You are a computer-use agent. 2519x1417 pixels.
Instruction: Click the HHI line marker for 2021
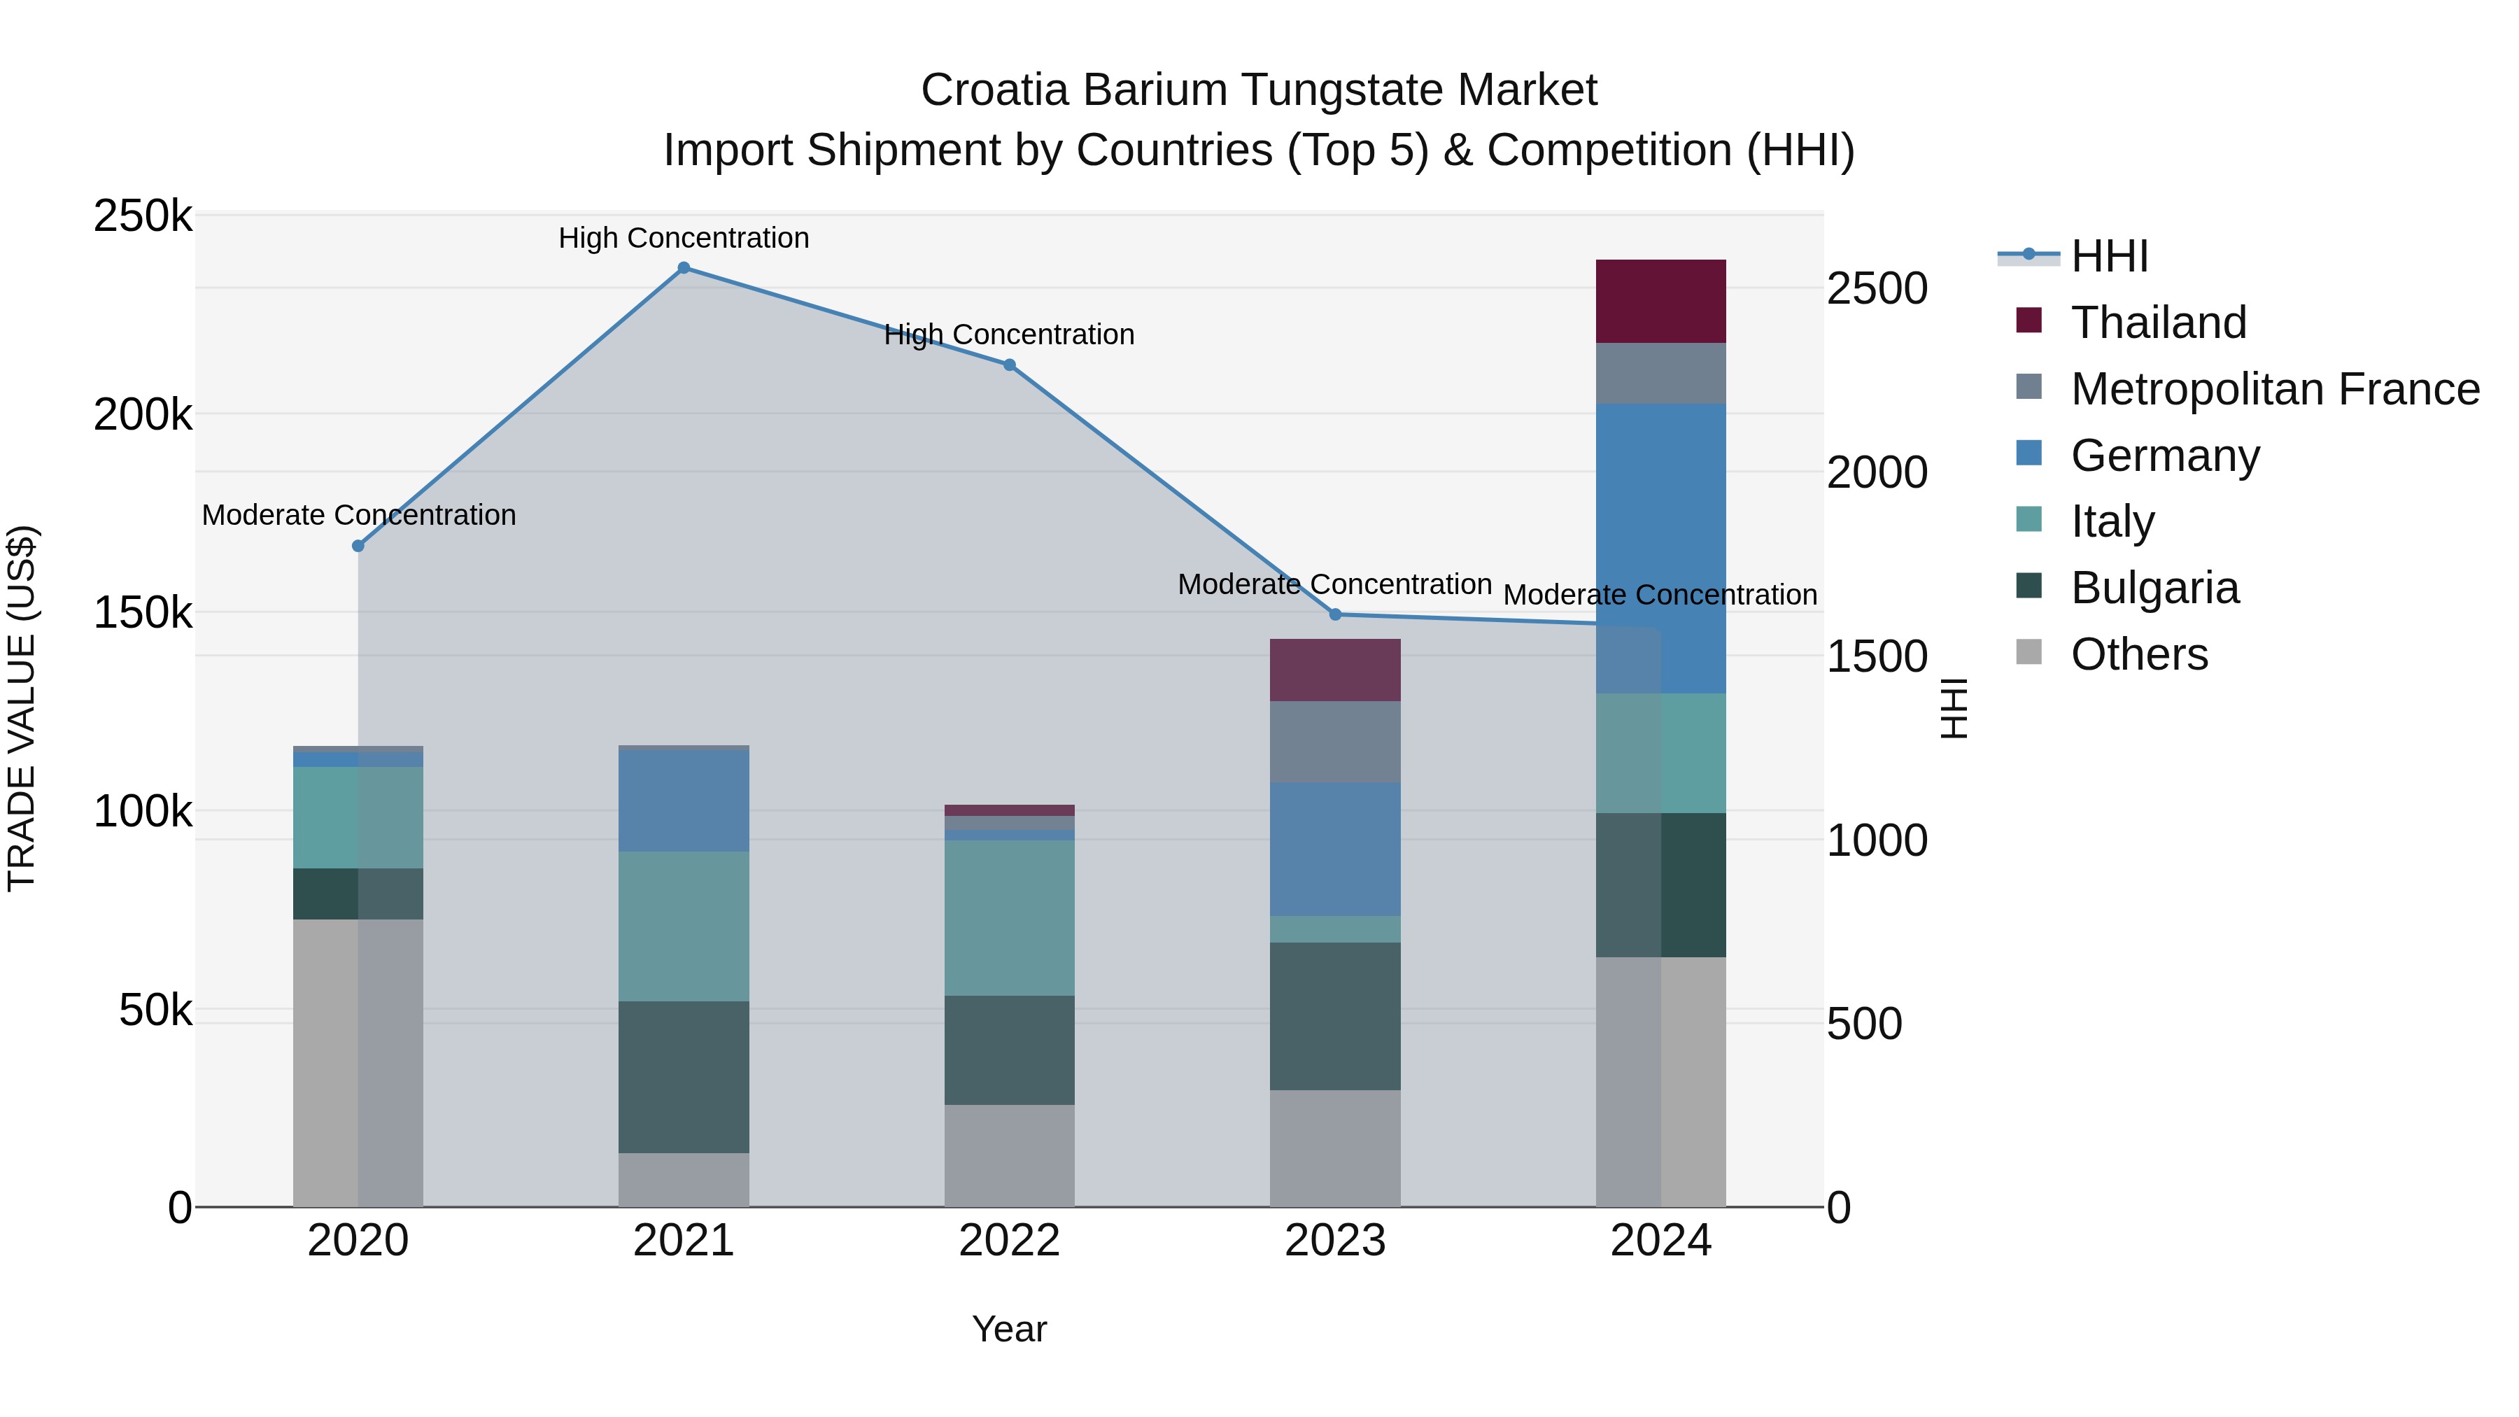pyautogui.click(x=684, y=268)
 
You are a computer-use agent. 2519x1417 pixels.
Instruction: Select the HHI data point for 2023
pyautogui.click(x=1335, y=614)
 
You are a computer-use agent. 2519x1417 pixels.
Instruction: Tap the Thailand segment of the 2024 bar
pyautogui.click(x=1660, y=301)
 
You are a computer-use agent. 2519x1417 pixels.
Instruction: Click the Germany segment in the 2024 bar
pyautogui.click(x=1660, y=548)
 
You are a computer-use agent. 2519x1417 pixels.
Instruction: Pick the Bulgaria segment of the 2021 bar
pyautogui.click(x=684, y=1077)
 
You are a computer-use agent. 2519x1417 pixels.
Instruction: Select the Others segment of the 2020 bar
pyautogui.click(x=358, y=1062)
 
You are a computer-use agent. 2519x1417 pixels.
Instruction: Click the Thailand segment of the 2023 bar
pyautogui.click(x=1335, y=670)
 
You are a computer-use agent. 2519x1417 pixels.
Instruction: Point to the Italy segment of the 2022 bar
pyautogui.click(x=1009, y=917)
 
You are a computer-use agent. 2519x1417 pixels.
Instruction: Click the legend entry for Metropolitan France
pyautogui.click(x=2275, y=389)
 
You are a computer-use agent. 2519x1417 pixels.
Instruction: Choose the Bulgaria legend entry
pyautogui.click(x=2154, y=588)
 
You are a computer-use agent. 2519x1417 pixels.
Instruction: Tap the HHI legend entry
pyautogui.click(x=2109, y=256)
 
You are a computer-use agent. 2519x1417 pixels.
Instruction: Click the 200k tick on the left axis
pyautogui.click(x=143, y=415)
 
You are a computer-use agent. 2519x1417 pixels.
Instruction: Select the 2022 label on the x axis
pyautogui.click(x=1009, y=1241)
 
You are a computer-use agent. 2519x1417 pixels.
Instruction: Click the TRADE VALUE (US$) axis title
pyautogui.click(x=22, y=708)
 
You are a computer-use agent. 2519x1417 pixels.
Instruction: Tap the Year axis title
pyautogui.click(x=1009, y=1329)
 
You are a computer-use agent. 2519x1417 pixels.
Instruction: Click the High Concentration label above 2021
pyautogui.click(x=684, y=238)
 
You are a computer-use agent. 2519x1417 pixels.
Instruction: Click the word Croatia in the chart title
pyautogui.click(x=996, y=90)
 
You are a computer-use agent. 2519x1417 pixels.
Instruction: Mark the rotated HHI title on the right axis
pyautogui.click(x=1953, y=708)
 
